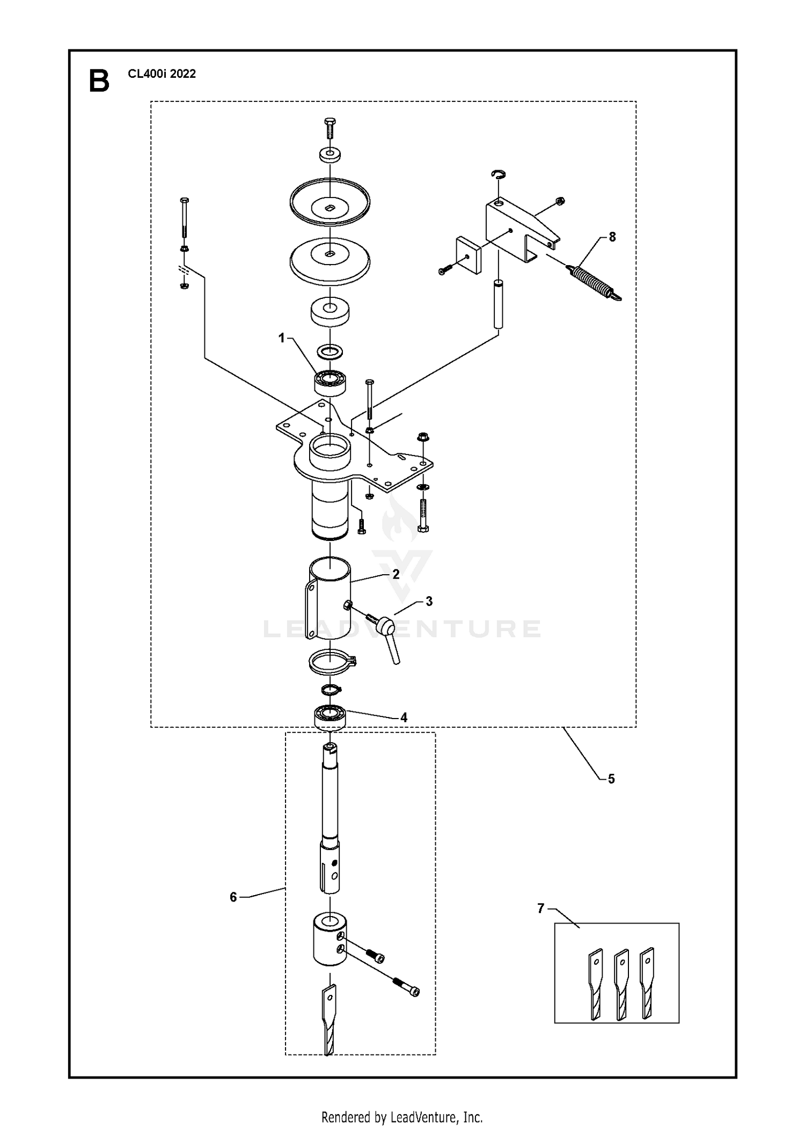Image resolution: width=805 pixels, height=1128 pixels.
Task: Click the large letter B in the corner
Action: (x=99, y=82)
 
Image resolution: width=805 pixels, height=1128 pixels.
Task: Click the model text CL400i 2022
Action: (x=162, y=74)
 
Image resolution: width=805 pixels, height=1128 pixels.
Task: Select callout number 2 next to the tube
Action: (x=396, y=574)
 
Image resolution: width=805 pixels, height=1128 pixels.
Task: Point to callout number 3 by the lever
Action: (x=428, y=602)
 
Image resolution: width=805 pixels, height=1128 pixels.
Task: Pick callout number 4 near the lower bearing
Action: (x=404, y=717)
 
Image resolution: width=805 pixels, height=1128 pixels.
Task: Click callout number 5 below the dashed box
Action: (x=611, y=779)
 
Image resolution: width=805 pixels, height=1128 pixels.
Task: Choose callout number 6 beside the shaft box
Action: (x=233, y=897)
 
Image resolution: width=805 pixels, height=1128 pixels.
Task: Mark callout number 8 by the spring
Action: (x=612, y=237)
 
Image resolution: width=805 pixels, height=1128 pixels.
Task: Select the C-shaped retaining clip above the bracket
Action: (x=499, y=174)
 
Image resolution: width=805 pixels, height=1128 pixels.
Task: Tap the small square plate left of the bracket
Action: (x=469, y=255)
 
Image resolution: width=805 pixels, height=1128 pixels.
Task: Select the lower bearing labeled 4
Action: (x=330, y=717)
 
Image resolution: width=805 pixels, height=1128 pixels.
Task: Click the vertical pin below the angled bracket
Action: (x=499, y=303)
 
